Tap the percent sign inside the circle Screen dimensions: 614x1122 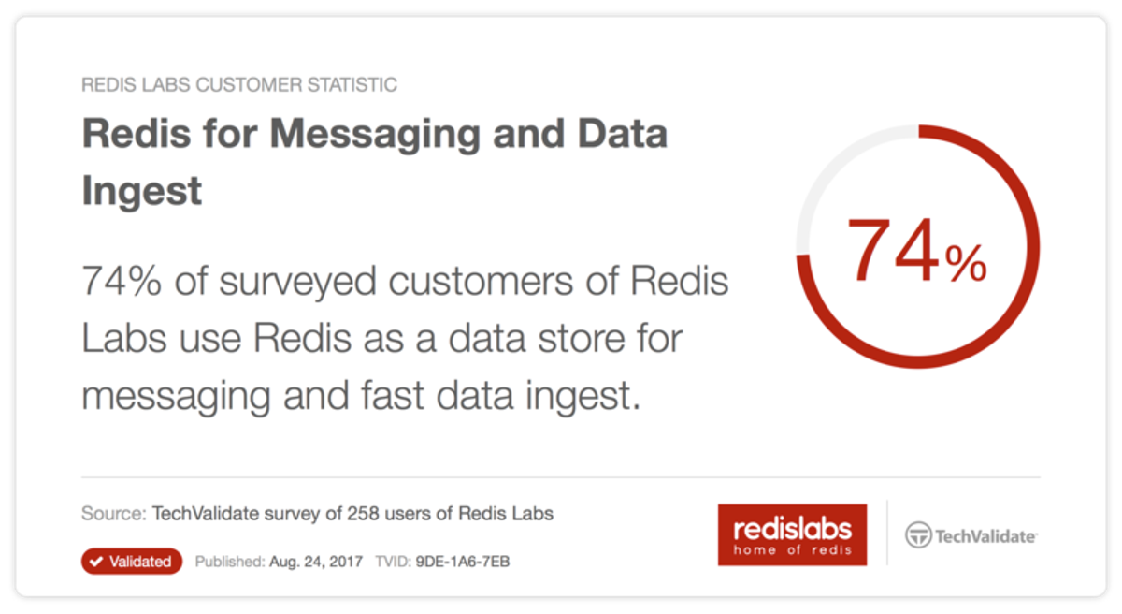(x=965, y=265)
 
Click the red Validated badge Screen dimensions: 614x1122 (x=131, y=562)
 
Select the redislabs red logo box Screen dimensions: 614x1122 (x=792, y=534)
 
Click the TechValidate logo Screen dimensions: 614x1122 (x=971, y=536)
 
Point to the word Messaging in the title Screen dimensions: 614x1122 (x=381, y=134)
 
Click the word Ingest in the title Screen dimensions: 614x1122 (x=142, y=191)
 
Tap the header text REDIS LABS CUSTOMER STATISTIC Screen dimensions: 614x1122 (x=239, y=85)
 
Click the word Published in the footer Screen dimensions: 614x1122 (x=228, y=562)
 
